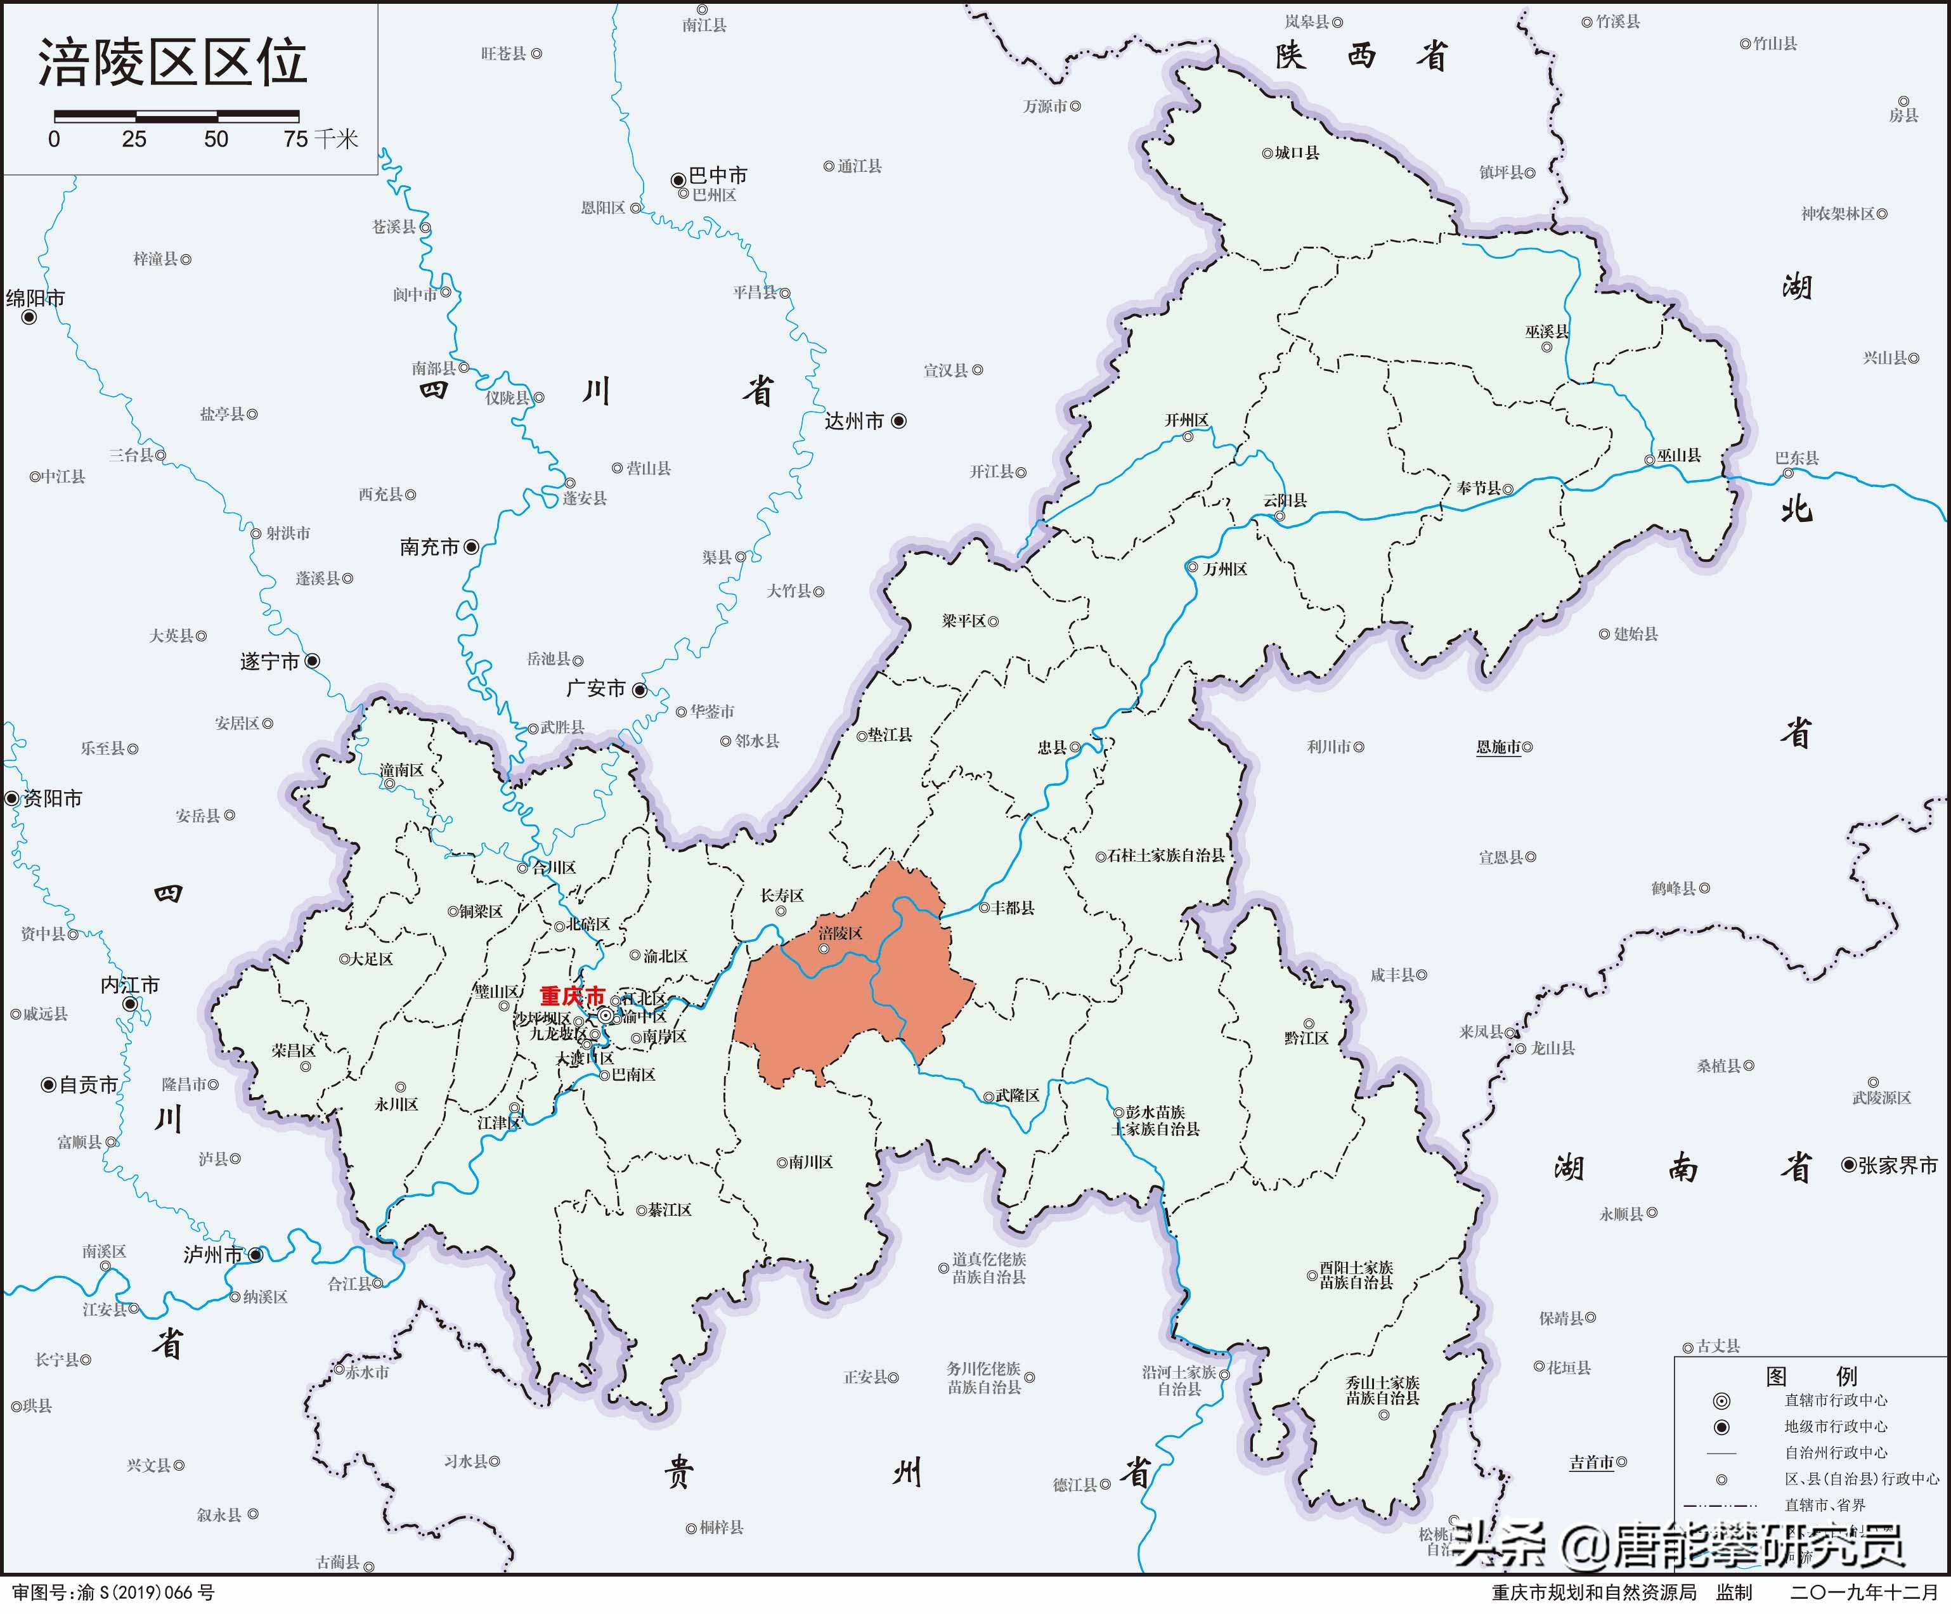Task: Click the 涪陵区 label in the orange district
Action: coord(840,933)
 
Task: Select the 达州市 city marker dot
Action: coord(898,421)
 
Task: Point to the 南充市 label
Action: coord(429,547)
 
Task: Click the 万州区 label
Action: coord(1224,569)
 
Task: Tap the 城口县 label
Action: coord(1297,152)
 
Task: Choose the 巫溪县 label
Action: coord(1547,332)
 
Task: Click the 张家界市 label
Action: coord(1898,1165)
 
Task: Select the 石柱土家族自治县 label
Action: coord(1166,855)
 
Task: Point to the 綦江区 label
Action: coord(670,1210)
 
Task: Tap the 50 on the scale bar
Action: coord(216,140)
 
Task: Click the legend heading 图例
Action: coord(1811,1375)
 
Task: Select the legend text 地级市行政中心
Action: coord(1836,1426)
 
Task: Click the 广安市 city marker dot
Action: coord(639,689)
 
